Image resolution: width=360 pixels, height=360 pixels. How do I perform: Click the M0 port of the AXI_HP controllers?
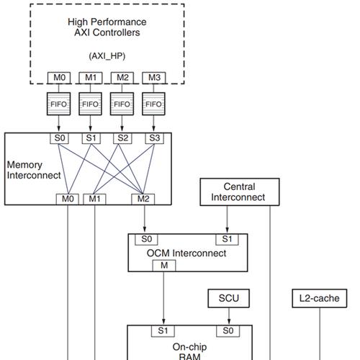tap(59, 78)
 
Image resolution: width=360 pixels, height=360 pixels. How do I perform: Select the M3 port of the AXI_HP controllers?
tap(154, 78)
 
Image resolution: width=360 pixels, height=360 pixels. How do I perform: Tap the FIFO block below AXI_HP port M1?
tap(90, 104)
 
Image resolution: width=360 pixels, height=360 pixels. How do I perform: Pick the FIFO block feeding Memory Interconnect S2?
tap(122, 104)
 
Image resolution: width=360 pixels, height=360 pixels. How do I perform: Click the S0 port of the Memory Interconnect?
tap(59, 138)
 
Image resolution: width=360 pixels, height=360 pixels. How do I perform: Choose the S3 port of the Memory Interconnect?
tap(154, 138)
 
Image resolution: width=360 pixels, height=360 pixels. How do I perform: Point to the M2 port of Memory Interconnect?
tap(143, 199)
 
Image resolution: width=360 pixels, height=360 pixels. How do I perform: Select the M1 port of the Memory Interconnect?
tap(94, 199)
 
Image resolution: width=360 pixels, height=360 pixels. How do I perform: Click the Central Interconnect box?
tap(240, 192)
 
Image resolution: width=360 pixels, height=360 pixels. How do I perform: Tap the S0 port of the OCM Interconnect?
tap(146, 239)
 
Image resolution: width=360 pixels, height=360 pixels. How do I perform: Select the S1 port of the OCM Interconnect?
tap(227, 239)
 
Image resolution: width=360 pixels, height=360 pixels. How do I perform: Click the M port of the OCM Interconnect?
tap(164, 266)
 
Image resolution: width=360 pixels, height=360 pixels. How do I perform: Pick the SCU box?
tap(229, 298)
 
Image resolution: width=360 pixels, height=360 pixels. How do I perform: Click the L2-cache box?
tap(320, 298)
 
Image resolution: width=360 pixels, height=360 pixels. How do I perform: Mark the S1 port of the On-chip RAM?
tap(163, 331)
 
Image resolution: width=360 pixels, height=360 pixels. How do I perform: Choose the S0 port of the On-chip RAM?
tap(228, 331)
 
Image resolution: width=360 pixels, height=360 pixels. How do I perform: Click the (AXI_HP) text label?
tap(107, 56)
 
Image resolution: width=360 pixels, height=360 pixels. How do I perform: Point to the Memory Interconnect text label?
tap(34, 170)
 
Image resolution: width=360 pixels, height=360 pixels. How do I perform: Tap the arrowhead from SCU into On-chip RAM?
tap(229, 322)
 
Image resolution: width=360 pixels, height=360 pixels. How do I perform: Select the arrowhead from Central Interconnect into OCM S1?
tap(228, 230)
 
